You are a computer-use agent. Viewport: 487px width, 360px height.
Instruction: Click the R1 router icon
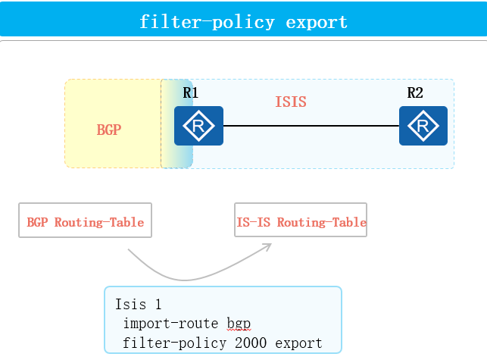coord(198,126)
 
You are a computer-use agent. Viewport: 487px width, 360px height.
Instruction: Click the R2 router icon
coord(423,126)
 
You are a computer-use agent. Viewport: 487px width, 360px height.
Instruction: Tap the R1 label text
coord(191,93)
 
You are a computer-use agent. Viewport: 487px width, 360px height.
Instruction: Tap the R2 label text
coord(415,93)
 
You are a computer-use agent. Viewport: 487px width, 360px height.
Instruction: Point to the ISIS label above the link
coord(291,102)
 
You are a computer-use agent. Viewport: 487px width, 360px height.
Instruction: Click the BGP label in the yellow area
coord(109,130)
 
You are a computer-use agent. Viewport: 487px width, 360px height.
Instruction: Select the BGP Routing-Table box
coord(85,221)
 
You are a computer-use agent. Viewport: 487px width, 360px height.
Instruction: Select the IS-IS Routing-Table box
coord(301,221)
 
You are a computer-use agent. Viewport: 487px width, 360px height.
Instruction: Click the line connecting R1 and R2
coord(311,126)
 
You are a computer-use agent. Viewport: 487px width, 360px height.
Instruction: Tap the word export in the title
coord(317,21)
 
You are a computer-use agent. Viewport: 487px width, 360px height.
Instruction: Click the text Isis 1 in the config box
coord(139,305)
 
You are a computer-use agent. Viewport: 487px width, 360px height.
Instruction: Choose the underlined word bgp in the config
coord(238,324)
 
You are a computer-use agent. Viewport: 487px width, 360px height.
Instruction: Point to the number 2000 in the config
coord(251,343)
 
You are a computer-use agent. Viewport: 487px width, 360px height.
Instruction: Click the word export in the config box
coord(298,343)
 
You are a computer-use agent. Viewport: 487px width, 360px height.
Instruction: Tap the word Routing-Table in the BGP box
coord(99,222)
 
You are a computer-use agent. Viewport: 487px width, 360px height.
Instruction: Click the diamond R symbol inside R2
coord(423,125)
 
